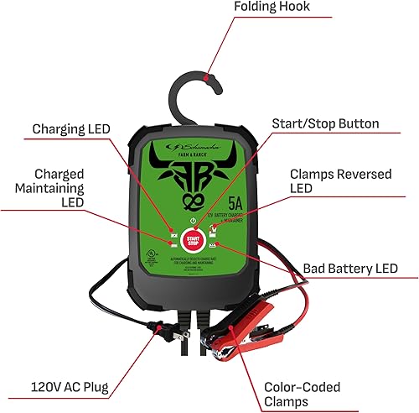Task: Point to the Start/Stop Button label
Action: pyautogui.click(x=325, y=124)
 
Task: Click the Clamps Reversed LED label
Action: pyautogui.click(x=336, y=180)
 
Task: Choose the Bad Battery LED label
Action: pyautogui.click(x=346, y=269)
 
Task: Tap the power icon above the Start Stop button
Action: pyautogui.click(x=193, y=220)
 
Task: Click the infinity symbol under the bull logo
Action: pyautogui.click(x=192, y=201)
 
